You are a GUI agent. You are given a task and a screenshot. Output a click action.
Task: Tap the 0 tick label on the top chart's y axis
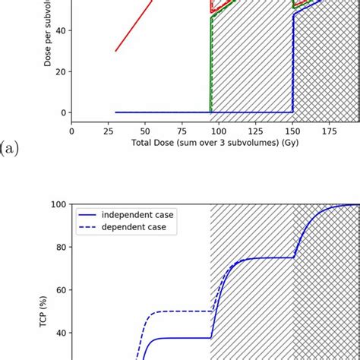(x=62, y=113)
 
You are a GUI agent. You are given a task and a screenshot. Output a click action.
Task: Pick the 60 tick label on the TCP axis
(x=59, y=289)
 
